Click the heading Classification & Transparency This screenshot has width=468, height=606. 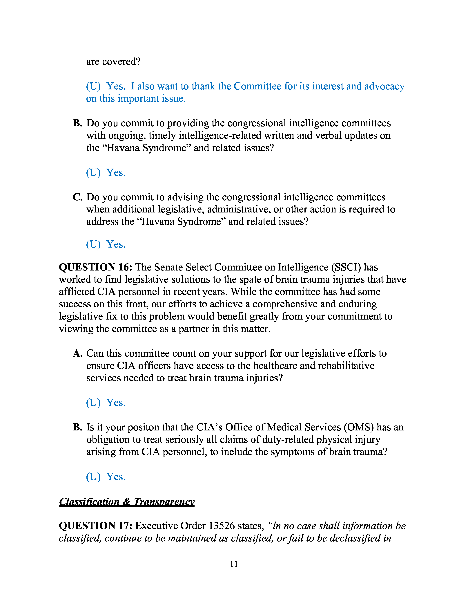(127, 502)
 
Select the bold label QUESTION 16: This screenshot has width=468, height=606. (96, 267)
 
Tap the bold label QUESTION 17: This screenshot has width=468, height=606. (96, 526)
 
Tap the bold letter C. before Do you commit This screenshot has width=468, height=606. (78, 197)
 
